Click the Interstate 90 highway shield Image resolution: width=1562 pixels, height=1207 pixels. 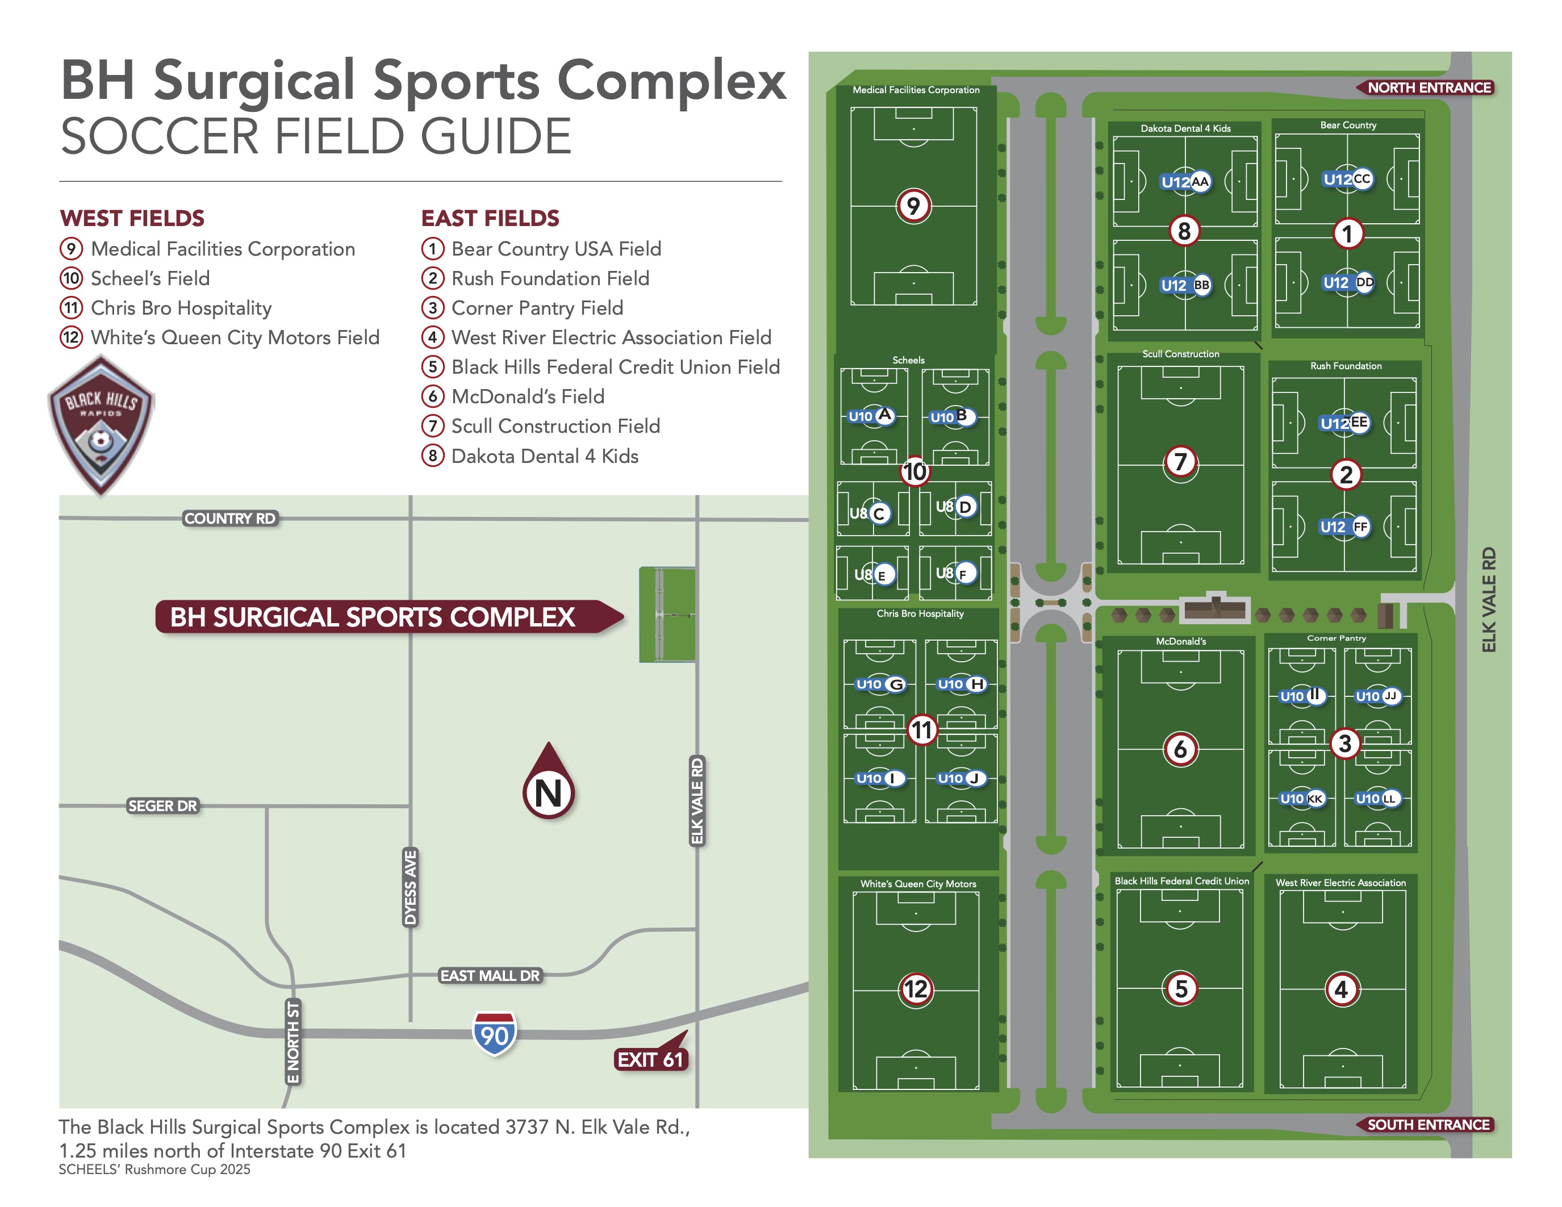[494, 1033]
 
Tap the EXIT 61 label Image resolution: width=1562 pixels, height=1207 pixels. [650, 1059]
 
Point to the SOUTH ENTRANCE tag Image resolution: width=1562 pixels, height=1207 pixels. [1427, 1125]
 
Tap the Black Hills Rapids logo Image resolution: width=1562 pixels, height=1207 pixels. [101, 425]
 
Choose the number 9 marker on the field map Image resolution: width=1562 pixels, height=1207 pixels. [913, 206]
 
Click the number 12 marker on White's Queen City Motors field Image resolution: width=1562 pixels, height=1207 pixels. [916, 989]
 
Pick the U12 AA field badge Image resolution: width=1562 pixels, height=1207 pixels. [1185, 182]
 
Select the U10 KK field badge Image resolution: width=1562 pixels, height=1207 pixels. [1302, 799]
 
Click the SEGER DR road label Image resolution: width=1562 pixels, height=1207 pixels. [162, 806]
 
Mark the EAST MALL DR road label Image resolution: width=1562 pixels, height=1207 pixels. [490, 975]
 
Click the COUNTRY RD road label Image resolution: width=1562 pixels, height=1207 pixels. [229, 519]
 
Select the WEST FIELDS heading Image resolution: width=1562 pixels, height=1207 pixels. [132, 218]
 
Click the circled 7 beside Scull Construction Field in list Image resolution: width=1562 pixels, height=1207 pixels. [432, 426]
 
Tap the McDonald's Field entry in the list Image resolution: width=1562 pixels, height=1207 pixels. [528, 396]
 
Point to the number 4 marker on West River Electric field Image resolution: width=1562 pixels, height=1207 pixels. [1341, 989]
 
